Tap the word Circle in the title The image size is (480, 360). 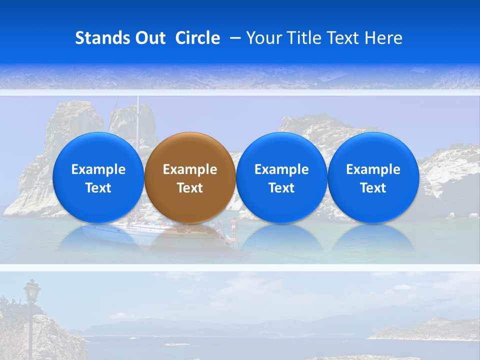(x=197, y=38)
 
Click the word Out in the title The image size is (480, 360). (x=149, y=38)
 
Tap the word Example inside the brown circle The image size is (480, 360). (x=189, y=169)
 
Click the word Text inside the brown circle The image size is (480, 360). (x=189, y=188)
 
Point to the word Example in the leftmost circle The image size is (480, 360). (x=98, y=169)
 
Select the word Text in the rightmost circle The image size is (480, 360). (x=373, y=188)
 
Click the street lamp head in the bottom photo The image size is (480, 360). (x=32, y=290)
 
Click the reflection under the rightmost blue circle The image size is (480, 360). (x=373, y=237)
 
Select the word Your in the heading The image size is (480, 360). (x=263, y=38)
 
